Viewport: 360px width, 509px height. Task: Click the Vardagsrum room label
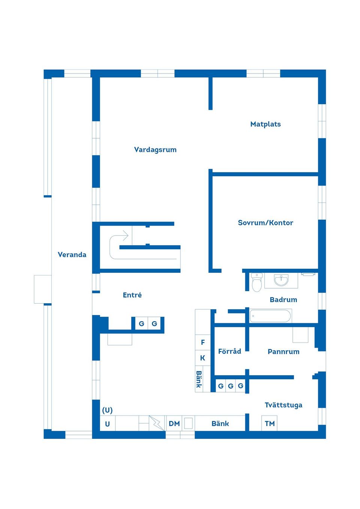155,150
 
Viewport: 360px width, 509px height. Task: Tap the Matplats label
265,124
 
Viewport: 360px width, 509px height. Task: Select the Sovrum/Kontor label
265,223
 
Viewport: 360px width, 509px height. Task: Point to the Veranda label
72,254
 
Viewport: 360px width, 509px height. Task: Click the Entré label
132,295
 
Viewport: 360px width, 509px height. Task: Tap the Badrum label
283,299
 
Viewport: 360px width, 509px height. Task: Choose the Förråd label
229,351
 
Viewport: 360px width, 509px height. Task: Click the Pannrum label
283,352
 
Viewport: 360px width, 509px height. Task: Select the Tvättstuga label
283,405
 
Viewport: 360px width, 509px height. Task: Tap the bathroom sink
281,280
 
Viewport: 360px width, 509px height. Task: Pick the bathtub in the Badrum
270,316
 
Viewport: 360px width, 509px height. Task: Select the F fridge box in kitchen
203,342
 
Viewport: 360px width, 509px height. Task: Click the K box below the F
203,358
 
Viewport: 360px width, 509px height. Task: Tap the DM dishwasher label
174,424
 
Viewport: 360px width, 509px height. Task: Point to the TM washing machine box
270,424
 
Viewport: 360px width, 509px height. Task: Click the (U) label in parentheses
107,410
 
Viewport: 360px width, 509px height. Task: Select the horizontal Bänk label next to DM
220,424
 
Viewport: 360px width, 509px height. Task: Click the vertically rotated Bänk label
199,379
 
